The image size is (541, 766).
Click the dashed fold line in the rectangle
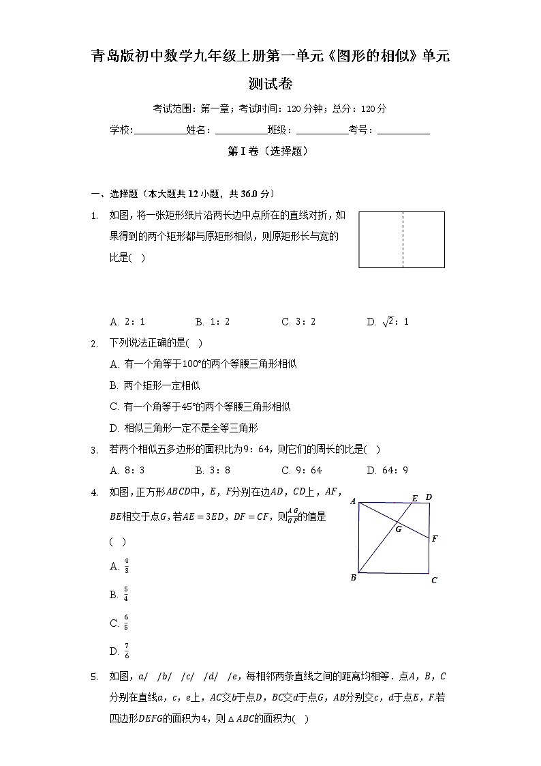(403, 239)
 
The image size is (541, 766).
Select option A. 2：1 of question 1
(127, 321)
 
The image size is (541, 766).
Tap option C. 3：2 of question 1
(298, 321)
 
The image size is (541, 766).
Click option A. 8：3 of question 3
(127, 470)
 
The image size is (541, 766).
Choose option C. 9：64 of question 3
(301, 470)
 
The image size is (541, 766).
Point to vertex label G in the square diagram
(398, 529)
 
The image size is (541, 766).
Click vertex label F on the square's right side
(435, 539)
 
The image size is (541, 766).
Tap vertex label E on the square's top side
(414, 498)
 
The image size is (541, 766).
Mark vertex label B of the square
(353, 578)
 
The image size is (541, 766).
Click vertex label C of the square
(434, 580)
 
